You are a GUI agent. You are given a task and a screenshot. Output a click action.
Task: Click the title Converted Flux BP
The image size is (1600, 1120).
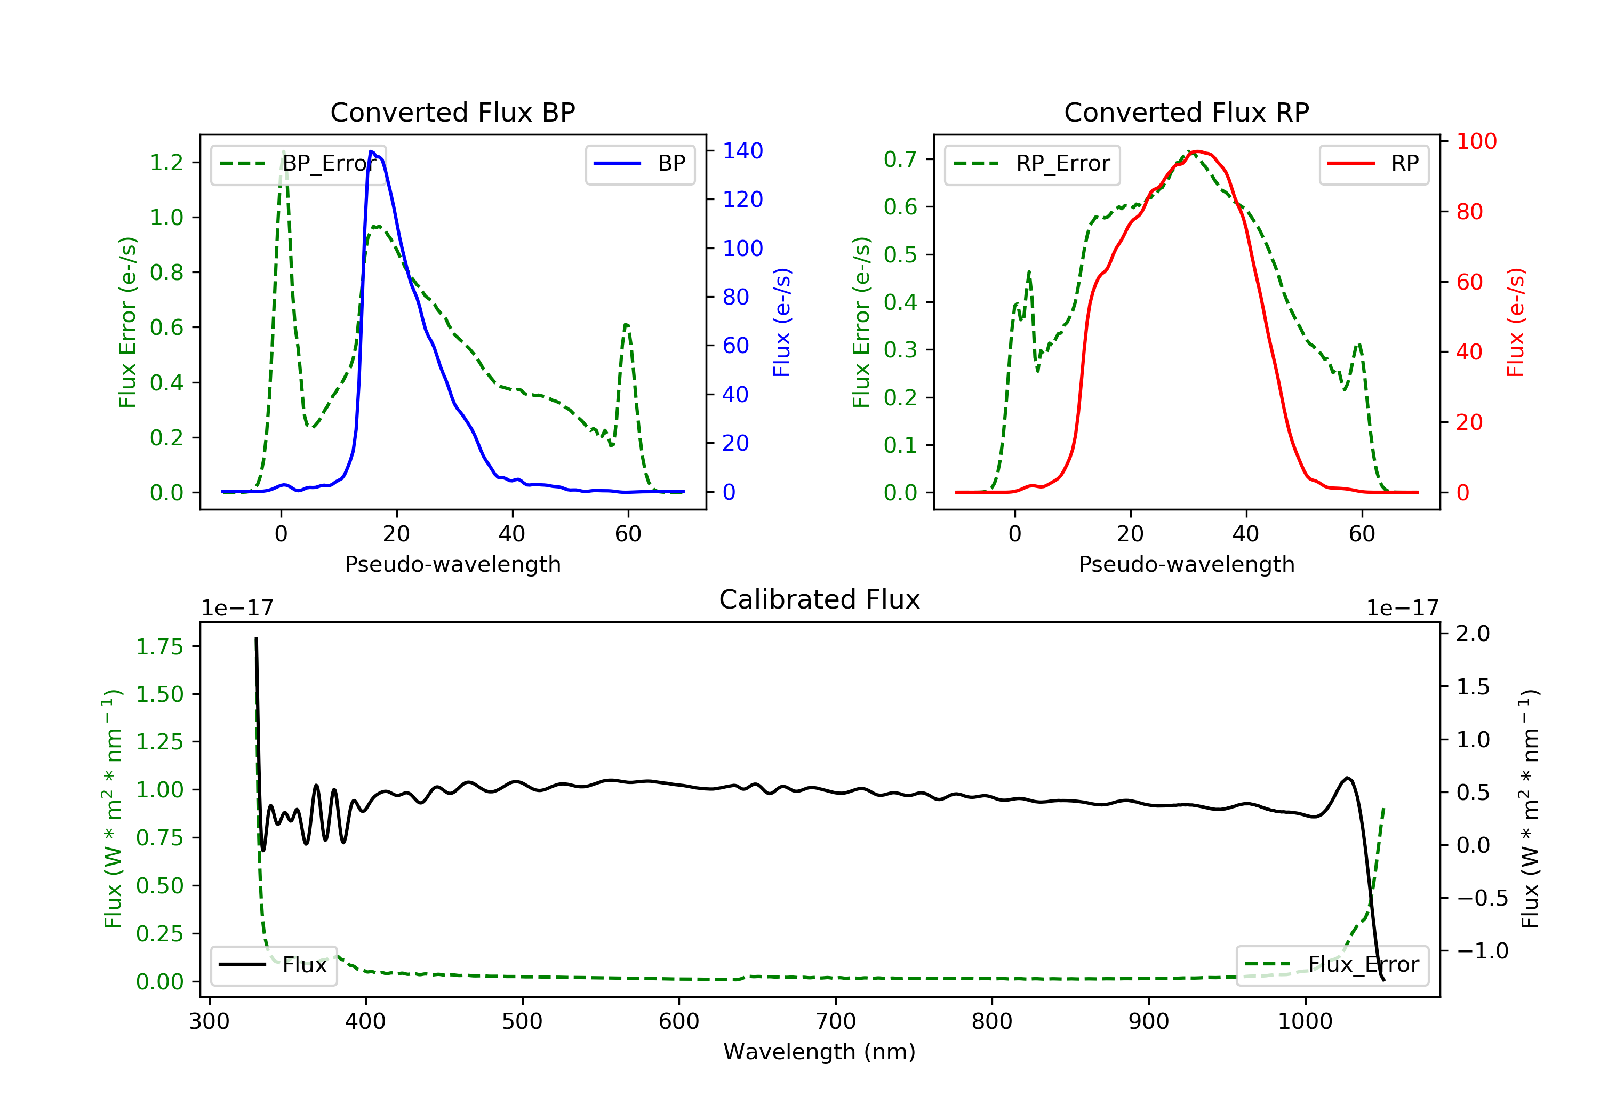452,112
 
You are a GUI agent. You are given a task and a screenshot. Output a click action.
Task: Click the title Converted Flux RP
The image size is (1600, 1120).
1186,112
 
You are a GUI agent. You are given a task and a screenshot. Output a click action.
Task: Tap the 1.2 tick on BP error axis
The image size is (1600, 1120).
166,162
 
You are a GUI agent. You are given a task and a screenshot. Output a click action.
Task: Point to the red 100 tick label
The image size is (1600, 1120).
1476,141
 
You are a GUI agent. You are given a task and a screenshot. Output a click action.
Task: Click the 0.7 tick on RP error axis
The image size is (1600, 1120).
900,159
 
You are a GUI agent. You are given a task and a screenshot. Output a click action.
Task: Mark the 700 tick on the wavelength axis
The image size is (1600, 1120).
836,1022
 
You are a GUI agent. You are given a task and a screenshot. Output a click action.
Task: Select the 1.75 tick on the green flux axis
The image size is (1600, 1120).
159,647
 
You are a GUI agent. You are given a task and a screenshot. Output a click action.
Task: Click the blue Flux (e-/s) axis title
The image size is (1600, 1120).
782,323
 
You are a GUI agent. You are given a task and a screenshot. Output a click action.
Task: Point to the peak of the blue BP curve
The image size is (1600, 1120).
372,151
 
